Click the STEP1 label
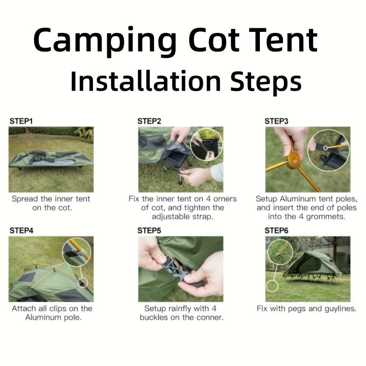pyautogui.click(x=21, y=121)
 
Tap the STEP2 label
pyautogui.click(x=149, y=121)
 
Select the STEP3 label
pyautogui.click(x=276, y=121)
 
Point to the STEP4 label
pyautogui.click(x=21, y=231)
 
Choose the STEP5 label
pyautogui.click(x=149, y=231)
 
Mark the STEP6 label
pyautogui.click(x=276, y=231)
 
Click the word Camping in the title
pyautogui.click(x=105, y=41)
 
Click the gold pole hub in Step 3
pyautogui.click(x=294, y=161)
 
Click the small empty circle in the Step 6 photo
pyautogui.click(x=272, y=286)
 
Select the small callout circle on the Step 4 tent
pyautogui.click(x=83, y=283)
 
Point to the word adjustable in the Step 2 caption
pyautogui.click(x=171, y=217)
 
